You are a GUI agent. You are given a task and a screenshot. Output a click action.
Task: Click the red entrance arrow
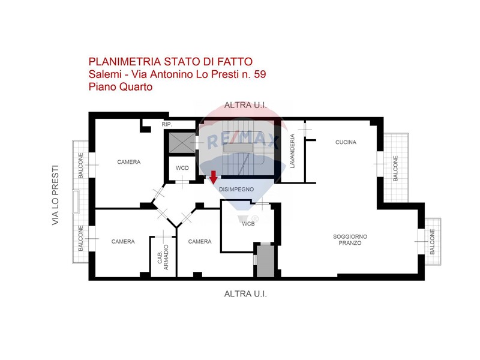tap(214, 177)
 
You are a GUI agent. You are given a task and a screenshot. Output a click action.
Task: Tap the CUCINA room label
tap(346, 142)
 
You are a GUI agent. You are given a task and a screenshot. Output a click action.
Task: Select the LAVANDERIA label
tap(292, 151)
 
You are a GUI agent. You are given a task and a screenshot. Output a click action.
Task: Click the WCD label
tap(182, 168)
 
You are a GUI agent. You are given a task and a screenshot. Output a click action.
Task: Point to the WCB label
tap(248, 224)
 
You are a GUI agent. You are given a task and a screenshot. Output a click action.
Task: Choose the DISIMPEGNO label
tap(236, 189)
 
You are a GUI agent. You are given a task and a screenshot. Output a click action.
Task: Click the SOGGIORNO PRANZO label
tap(350, 239)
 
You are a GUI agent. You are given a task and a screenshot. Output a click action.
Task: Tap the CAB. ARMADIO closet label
tap(163, 257)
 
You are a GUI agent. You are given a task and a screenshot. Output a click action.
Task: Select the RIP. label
tap(167, 124)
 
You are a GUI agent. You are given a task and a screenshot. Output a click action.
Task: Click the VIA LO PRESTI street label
tap(55, 196)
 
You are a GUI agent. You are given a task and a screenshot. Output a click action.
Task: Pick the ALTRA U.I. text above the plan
tap(245, 106)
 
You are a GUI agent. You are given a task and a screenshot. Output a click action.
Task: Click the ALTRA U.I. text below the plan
tap(245, 294)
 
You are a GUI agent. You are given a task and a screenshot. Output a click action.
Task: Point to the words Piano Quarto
tap(121, 87)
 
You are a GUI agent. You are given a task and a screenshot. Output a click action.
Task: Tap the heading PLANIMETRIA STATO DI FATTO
tap(170, 62)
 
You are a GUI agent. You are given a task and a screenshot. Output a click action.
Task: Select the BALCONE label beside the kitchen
tap(395, 168)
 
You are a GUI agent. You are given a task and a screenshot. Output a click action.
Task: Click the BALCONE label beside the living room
tap(432, 242)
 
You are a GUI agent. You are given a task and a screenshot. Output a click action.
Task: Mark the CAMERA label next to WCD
tap(129, 162)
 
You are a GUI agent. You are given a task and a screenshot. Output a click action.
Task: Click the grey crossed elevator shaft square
tap(182, 143)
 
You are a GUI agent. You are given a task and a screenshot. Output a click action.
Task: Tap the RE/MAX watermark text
tap(244, 140)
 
